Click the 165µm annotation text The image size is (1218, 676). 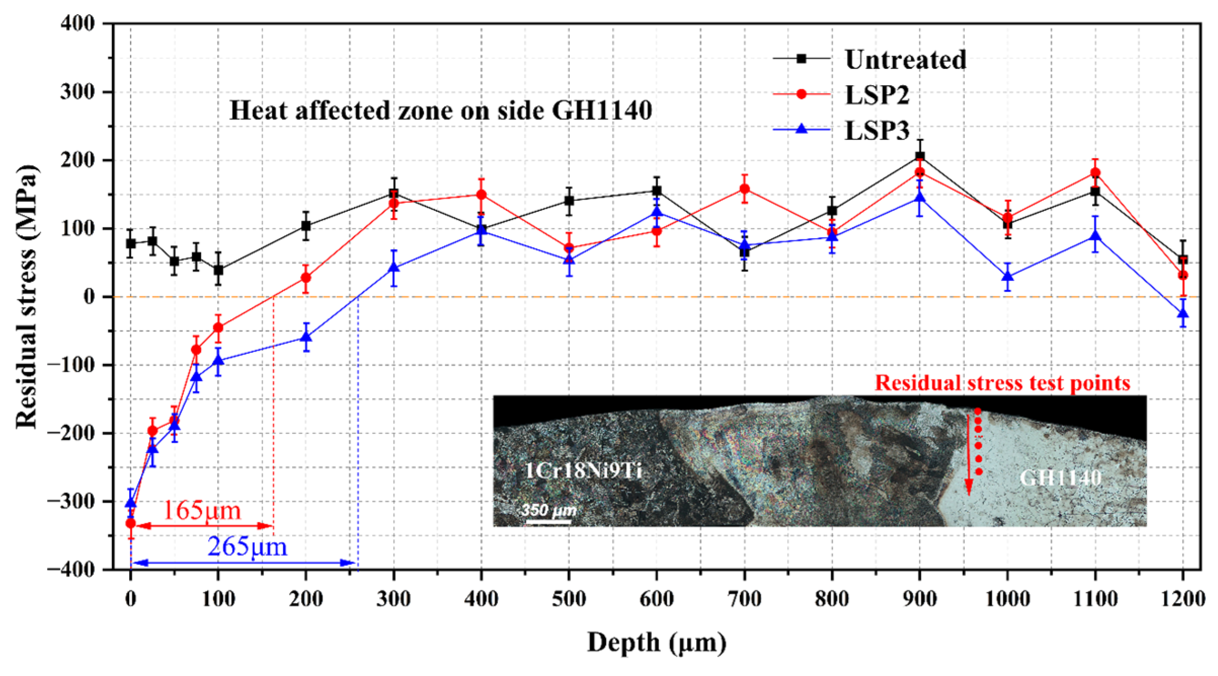pos(201,510)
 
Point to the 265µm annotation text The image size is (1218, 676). pos(247,547)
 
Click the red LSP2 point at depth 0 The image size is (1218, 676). pos(131,523)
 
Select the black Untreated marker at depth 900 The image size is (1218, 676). pos(920,157)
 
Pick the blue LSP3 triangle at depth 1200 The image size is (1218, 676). pos(1183,313)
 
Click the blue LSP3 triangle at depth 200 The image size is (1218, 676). pos(306,336)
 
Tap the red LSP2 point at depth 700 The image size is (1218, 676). pos(745,189)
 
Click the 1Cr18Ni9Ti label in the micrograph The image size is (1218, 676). pos(583,471)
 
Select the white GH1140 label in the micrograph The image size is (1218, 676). pos(1060,478)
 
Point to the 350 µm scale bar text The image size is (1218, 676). pos(549,509)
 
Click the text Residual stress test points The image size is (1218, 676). pos(1002,383)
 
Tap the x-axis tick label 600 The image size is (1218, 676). pos(657,599)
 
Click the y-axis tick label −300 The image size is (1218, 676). pos(71,501)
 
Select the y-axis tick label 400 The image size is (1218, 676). pos(77,23)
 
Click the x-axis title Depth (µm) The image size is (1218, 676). pos(657,643)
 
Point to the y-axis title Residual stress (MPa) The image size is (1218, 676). pos(26,296)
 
